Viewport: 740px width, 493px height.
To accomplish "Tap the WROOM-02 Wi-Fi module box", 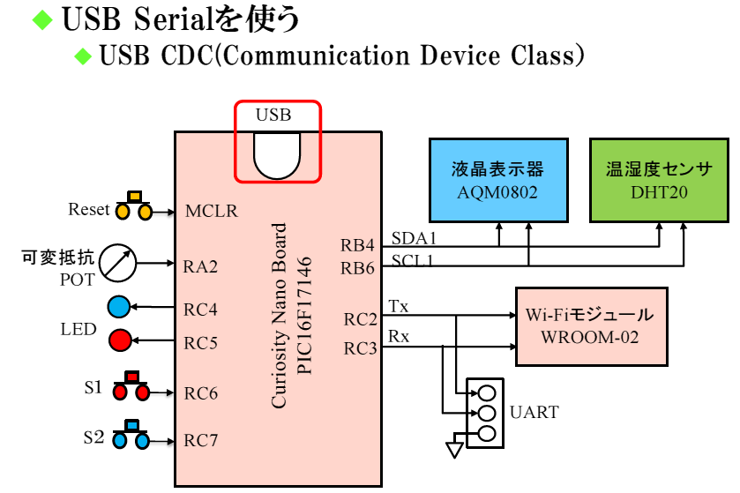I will point(589,326).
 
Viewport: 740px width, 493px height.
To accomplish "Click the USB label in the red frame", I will point(273,116).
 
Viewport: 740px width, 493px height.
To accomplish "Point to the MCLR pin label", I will point(212,212).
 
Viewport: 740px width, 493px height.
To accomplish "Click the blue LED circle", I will point(119,307).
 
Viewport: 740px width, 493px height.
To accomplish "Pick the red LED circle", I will point(119,340).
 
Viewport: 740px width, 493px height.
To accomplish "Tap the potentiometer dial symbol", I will point(118,262).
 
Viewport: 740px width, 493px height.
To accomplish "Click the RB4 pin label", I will point(359,244).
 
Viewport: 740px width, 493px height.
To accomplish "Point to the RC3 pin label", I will point(361,349).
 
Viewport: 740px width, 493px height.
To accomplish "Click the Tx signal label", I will point(398,307).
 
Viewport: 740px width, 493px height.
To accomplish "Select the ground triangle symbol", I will point(454,450).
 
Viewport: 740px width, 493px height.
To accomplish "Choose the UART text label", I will point(534,412).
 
